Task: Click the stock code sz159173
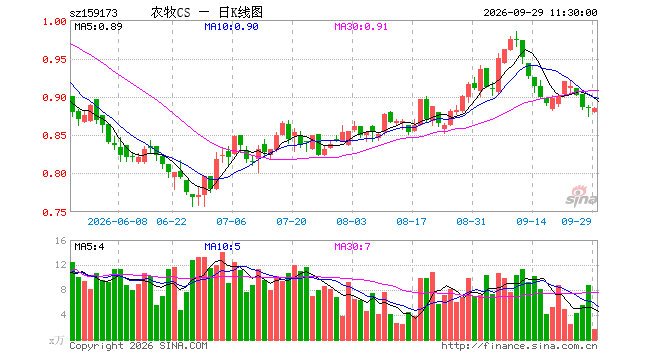tap(93, 13)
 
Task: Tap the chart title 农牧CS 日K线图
tap(207, 12)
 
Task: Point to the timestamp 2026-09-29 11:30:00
tap(540, 13)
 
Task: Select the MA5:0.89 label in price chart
tap(98, 27)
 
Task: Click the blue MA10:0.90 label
tap(231, 27)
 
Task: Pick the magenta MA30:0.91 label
tap(361, 27)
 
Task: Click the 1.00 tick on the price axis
tap(54, 21)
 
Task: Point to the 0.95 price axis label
tap(54, 59)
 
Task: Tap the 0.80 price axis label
tap(54, 173)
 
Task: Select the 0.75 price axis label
tap(54, 213)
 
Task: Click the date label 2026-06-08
tap(117, 221)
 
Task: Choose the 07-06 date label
tap(231, 221)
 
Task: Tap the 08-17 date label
tap(411, 221)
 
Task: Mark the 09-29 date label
tap(576, 221)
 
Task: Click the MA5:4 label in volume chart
tap(89, 246)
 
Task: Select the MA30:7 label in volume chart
tap(352, 246)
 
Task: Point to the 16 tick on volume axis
tap(61, 241)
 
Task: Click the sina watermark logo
tap(581, 196)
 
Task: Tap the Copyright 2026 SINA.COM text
tap(138, 346)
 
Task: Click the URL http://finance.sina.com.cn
tap(519, 346)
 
